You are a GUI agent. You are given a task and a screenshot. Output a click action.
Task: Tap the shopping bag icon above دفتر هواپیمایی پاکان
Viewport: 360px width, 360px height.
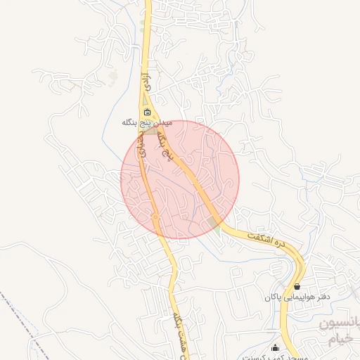click(x=297, y=287)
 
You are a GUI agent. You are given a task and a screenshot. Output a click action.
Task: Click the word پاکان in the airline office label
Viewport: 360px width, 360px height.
click(x=273, y=297)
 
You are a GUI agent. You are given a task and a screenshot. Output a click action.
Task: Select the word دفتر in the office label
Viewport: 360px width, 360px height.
click(x=322, y=297)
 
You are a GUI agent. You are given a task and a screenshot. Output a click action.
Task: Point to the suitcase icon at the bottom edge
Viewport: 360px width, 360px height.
click(x=275, y=348)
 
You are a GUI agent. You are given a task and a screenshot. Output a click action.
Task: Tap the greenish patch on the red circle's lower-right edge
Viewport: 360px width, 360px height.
click(x=214, y=223)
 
